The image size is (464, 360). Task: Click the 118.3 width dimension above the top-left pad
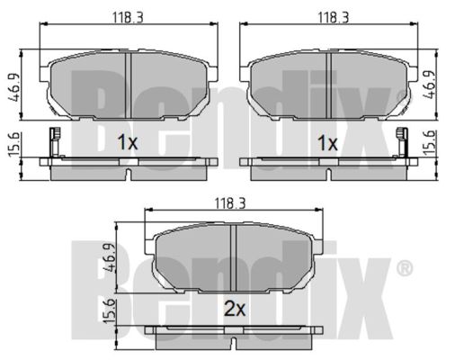pos(128,17)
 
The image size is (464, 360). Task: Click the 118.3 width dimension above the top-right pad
pos(334,17)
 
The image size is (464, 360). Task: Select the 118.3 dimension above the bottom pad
pos(230,203)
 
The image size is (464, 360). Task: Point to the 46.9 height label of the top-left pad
pos(14,87)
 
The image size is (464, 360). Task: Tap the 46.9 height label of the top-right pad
pos(429,85)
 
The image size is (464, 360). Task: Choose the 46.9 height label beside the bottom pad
pos(109,257)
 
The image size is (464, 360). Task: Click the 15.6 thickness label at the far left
pos(13,144)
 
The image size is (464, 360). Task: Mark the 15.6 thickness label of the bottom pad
pos(109,311)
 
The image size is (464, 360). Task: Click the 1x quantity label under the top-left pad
pos(128,142)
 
